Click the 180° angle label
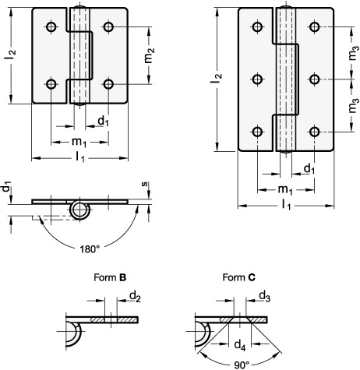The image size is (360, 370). click(90, 249)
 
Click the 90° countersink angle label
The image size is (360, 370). click(242, 365)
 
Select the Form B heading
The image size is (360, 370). click(110, 277)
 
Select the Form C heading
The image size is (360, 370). click(239, 277)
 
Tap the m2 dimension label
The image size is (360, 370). click(150, 55)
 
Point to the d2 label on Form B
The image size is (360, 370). click(135, 296)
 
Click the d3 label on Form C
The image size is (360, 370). click(265, 296)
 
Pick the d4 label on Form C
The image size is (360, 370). click(240, 346)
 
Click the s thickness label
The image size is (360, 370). click(144, 184)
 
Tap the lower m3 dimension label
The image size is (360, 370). click(354, 105)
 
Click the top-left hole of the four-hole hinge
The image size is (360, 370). click(51, 26)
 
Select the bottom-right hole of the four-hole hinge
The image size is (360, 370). click(108, 84)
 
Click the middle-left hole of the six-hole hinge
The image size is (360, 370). click(257, 79)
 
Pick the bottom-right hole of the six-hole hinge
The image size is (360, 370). click(314, 132)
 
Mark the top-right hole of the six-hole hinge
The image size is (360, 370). click(314, 26)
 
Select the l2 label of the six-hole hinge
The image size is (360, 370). click(216, 79)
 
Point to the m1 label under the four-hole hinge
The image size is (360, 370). click(79, 143)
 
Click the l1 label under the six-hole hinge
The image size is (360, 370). click(286, 205)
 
